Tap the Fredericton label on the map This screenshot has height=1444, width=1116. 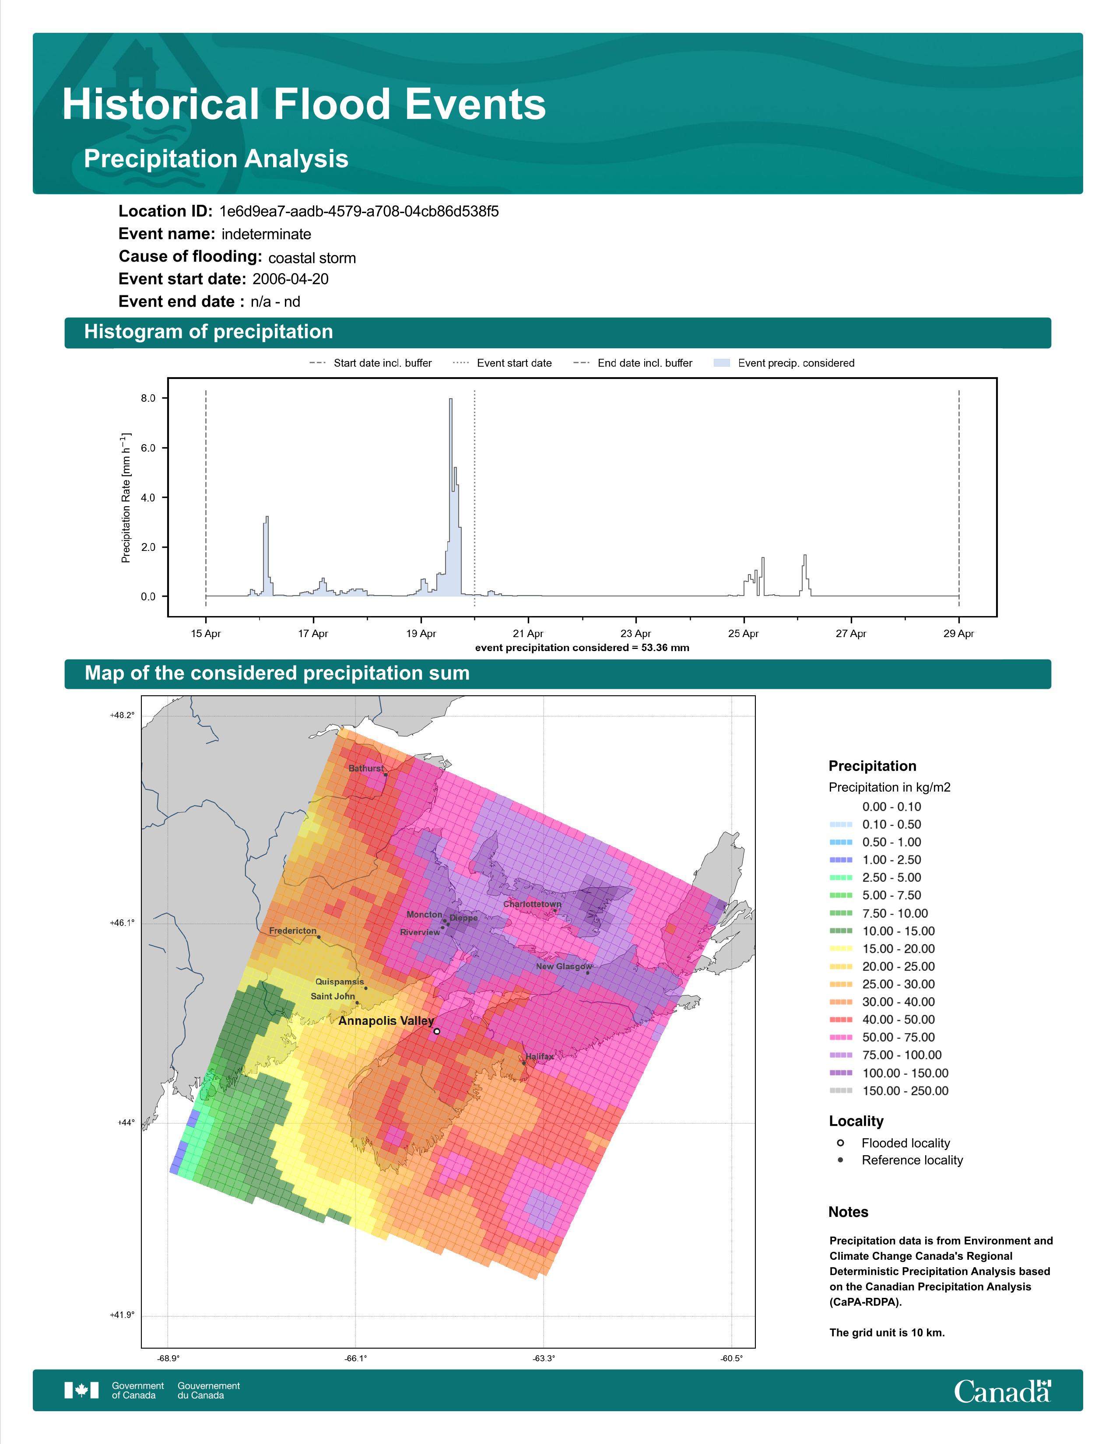tap(293, 931)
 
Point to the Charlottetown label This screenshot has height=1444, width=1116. tap(532, 904)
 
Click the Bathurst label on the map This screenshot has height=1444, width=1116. tap(365, 768)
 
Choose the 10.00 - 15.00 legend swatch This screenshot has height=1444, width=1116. tap(840, 931)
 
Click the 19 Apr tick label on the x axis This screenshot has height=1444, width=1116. tap(421, 634)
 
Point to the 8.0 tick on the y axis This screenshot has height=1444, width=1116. tap(148, 398)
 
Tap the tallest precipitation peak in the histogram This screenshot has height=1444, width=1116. tap(451, 400)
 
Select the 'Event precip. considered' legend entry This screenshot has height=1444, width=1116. tap(784, 363)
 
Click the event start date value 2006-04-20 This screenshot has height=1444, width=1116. tap(290, 279)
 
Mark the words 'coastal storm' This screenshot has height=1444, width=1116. tap(312, 258)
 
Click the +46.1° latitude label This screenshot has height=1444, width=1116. tap(122, 922)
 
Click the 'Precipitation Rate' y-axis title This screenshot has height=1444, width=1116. tap(126, 498)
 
